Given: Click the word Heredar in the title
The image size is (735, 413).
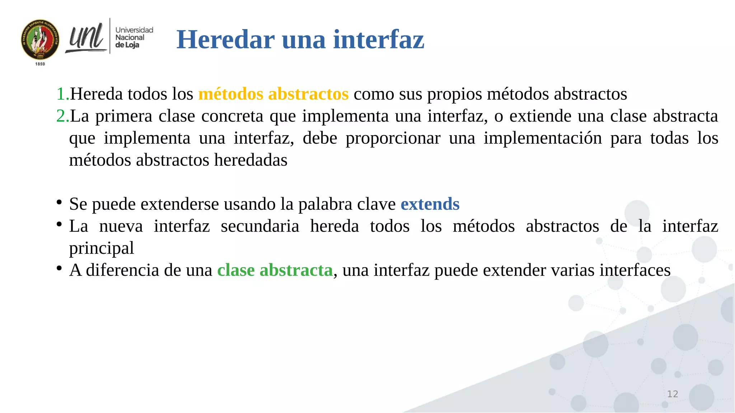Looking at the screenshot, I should click(x=226, y=39).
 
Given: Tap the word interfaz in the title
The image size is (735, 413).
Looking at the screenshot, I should click(x=379, y=39).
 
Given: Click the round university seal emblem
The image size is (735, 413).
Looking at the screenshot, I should click(x=40, y=39).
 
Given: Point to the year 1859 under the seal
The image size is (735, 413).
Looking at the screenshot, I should click(x=40, y=64).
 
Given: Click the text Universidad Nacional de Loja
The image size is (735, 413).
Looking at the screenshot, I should click(x=134, y=37).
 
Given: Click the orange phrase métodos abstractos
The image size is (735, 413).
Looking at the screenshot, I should click(x=273, y=94).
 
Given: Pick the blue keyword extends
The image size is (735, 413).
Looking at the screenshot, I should click(x=430, y=204).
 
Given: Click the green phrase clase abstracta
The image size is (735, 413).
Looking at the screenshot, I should click(x=275, y=270).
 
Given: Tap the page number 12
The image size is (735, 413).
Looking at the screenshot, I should click(x=672, y=394).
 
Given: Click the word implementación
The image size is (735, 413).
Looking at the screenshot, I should click(x=543, y=138).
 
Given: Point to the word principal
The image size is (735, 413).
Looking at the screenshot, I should click(x=102, y=248).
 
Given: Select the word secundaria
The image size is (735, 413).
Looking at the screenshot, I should click(x=260, y=226).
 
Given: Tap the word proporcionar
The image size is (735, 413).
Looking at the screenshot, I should click(x=393, y=138).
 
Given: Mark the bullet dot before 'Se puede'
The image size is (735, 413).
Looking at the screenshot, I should click(x=59, y=202).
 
